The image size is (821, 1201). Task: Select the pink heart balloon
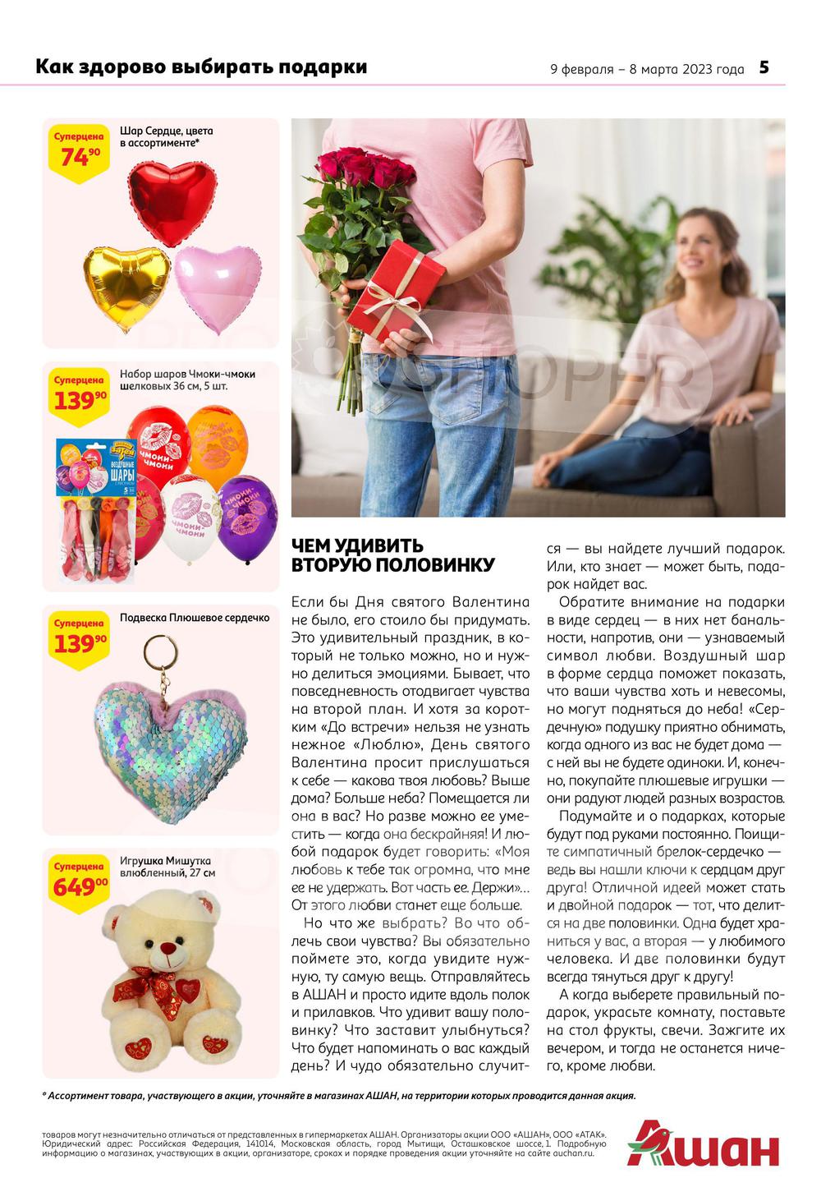pos(217,288)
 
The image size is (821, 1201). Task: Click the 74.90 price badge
pos(77,150)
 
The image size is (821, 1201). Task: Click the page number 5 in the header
pos(764,67)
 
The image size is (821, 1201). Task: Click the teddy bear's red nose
pos(167,950)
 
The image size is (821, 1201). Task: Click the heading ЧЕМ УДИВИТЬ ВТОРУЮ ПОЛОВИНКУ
pos(393,555)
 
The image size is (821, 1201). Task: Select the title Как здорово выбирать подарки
pos(201,67)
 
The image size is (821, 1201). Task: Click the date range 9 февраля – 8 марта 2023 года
pos(647,69)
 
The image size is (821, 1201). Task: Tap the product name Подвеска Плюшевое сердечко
pos(195,618)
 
